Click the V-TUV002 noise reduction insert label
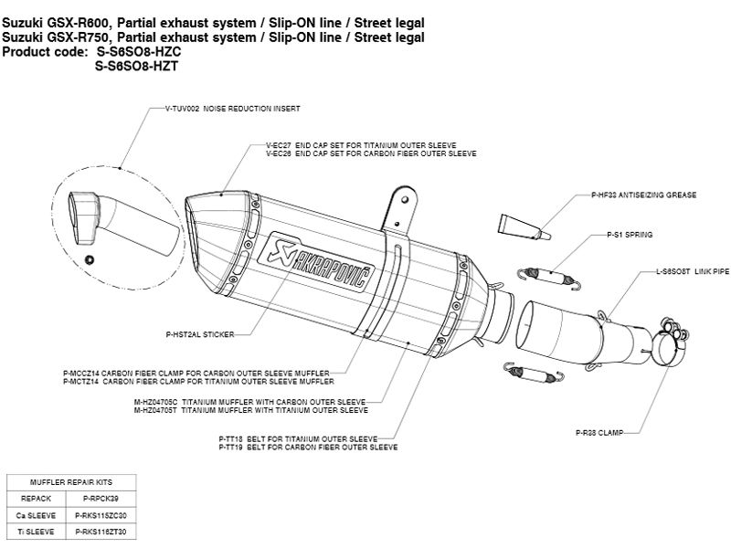coord(233,109)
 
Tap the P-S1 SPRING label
coord(630,235)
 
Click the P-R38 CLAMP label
coord(599,431)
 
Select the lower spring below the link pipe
coord(526,369)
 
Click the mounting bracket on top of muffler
coord(400,208)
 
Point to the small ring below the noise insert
coord(88,260)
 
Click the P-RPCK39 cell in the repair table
coord(101,500)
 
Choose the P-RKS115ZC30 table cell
coord(101,515)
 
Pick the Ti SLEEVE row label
coord(34,531)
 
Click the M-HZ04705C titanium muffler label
coord(274,401)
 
